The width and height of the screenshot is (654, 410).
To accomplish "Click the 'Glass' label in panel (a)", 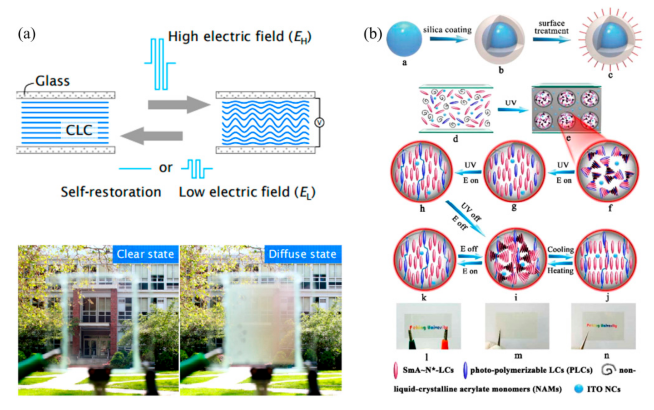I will [x=52, y=81].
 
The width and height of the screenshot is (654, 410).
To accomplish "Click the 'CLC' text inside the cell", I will [x=79, y=130].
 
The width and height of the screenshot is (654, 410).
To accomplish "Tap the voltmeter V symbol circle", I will [x=319, y=122].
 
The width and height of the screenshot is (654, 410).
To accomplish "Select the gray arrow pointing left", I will [x=152, y=136].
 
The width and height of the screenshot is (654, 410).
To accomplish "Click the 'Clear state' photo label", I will [x=145, y=254].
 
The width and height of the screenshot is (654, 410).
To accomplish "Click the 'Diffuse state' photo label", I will [x=302, y=254].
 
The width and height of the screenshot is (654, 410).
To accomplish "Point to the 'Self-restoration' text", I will [x=111, y=192].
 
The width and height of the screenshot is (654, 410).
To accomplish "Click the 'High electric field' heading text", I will [x=239, y=37].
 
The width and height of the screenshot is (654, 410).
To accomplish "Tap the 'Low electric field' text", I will [x=247, y=192].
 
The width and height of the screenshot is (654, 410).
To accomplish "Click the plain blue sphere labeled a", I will [x=404, y=39].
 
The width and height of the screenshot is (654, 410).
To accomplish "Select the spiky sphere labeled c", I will [x=610, y=39].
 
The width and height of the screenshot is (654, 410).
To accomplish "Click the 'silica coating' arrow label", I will [x=447, y=30].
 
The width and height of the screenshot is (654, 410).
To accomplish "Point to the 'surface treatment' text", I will [x=551, y=27].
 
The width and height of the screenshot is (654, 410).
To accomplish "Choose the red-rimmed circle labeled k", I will [x=424, y=260].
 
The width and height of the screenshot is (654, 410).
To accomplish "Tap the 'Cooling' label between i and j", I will [x=560, y=249].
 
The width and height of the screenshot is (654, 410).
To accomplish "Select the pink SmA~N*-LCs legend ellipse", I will [x=396, y=370].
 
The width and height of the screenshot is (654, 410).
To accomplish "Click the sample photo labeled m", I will [x=517, y=326].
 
